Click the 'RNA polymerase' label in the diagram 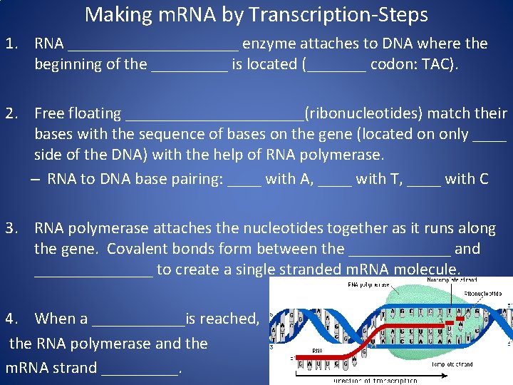tap(368, 284)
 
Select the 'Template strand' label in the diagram tap(452, 364)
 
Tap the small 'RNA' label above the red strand tap(318, 351)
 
